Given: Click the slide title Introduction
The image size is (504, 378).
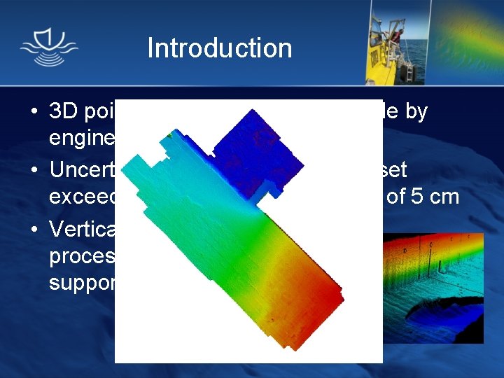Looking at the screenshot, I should (x=219, y=48).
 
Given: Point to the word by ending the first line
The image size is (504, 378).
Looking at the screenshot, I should (x=414, y=112).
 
